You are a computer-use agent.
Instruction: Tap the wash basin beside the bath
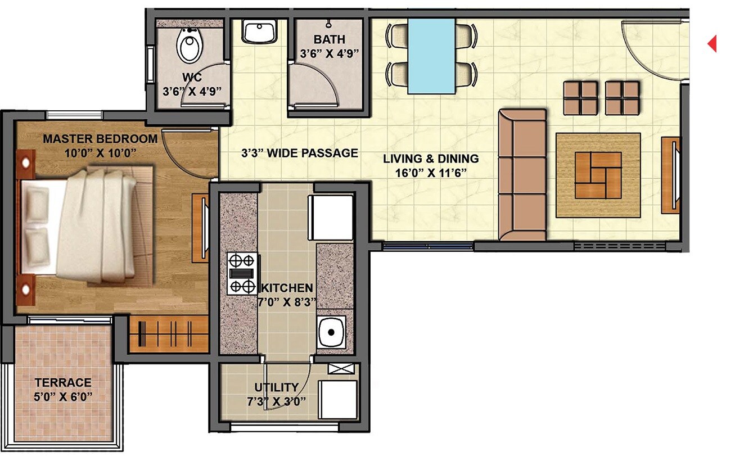click(x=259, y=31)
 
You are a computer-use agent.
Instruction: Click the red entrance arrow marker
click(x=712, y=43)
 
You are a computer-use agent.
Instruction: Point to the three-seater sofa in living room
click(x=522, y=175)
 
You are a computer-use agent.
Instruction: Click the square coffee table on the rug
click(x=598, y=175)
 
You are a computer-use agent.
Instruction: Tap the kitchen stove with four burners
click(x=242, y=274)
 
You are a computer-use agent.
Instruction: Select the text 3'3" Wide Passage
click(x=299, y=153)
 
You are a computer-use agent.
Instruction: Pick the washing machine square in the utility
click(x=338, y=399)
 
